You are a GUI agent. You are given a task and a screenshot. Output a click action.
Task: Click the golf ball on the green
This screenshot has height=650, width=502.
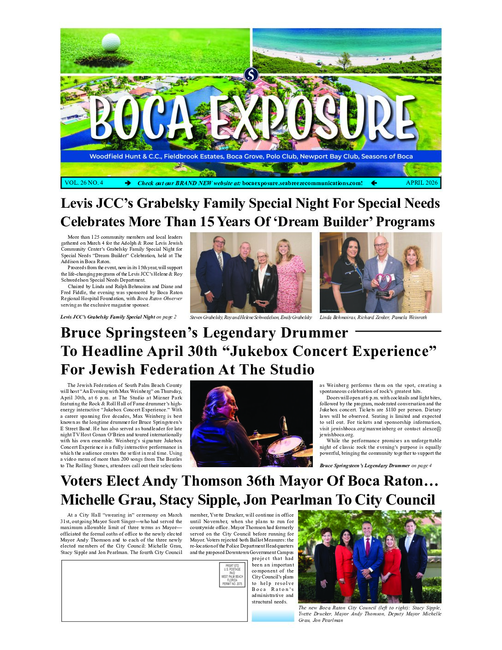[x=111, y=42]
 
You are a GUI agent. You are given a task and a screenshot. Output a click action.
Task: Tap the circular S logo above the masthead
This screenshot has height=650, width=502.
[x=251, y=74]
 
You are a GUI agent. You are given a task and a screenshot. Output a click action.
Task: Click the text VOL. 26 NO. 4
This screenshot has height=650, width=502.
[x=84, y=183]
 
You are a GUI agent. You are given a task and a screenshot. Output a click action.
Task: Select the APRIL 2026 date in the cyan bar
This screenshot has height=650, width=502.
[x=421, y=183]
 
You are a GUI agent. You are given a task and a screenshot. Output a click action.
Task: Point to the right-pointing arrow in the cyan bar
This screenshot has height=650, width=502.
[x=128, y=183]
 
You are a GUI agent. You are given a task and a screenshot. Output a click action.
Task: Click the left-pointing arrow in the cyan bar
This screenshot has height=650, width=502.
[x=374, y=183]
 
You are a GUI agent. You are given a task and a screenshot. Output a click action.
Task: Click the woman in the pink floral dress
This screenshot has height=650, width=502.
[x=290, y=277]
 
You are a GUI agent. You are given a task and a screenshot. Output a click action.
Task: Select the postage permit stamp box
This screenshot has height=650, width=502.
[x=232, y=575]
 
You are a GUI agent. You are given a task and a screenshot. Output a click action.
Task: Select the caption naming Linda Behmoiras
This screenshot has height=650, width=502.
[x=373, y=318]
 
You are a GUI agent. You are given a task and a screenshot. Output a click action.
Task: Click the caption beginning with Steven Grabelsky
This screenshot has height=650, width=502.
[x=251, y=318]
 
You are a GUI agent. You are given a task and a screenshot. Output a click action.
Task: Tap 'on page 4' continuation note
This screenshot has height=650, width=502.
[x=421, y=465]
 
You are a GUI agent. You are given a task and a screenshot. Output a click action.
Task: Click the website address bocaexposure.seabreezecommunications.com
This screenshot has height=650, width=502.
[x=302, y=183]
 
